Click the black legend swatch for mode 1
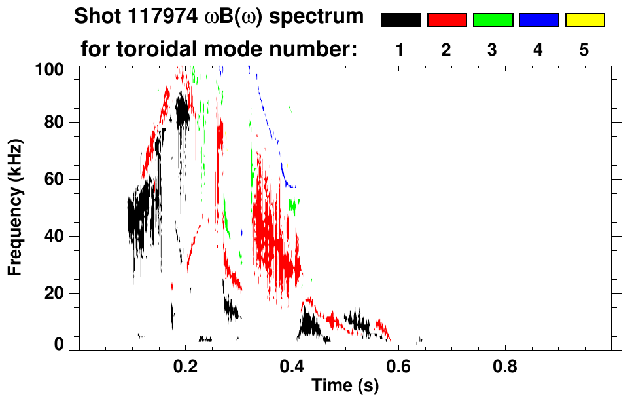400,20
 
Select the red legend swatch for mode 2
447,20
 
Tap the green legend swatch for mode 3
493,20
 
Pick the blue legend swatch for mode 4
538,20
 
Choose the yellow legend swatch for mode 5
584,20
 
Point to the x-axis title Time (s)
344,387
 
